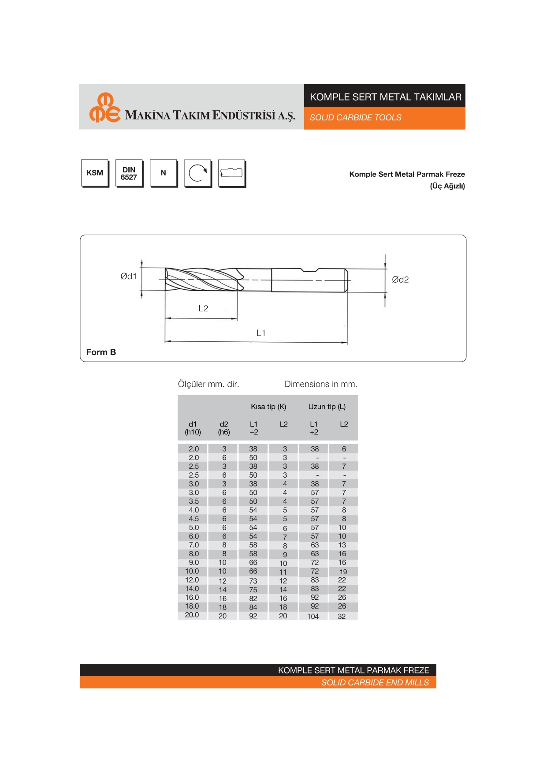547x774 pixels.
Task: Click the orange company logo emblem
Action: (x=104, y=108)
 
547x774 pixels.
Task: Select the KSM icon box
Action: (x=95, y=173)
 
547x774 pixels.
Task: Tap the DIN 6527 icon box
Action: (x=129, y=173)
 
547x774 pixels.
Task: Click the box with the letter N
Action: (x=164, y=173)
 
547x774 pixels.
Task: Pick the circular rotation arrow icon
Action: (x=197, y=173)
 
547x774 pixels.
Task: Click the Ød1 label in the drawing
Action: (x=129, y=277)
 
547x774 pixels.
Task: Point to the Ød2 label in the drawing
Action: (x=400, y=280)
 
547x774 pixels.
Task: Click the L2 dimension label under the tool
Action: (x=203, y=308)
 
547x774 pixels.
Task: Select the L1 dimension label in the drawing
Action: (x=261, y=333)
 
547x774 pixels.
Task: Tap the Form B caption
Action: (x=101, y=352)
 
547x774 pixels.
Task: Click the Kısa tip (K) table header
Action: (x=268, y=407)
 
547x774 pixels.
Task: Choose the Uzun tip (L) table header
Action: (x=327, y=407)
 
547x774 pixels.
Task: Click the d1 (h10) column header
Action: (x=193, y=428)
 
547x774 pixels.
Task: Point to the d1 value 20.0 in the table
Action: (x=192, y=615)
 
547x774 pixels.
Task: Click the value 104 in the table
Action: (x=313, y=616)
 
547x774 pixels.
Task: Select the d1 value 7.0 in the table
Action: (x=194, y=545)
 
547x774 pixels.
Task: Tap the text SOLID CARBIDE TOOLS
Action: (x=355, y=118)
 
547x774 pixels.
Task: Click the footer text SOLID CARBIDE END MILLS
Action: (x=375, y=683)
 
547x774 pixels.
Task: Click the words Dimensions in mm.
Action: (x=321, y=384)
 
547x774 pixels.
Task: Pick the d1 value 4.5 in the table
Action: (x=194, y=519)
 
